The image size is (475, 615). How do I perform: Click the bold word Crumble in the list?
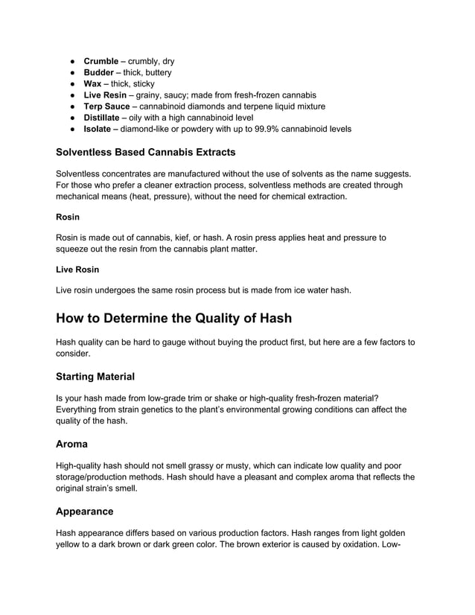point(101,61)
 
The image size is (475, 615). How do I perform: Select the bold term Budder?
point(99,72)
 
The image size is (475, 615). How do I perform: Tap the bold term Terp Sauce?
point(106,106)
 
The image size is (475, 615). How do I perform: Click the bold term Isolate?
point(99,129)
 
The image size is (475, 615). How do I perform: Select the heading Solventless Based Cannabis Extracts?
point(146,153)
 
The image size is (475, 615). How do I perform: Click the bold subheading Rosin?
point(68,218)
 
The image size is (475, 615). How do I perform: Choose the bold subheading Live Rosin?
point(77,270)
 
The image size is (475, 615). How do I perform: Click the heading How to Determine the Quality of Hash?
point(174,318)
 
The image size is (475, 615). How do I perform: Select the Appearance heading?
point(85,512)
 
